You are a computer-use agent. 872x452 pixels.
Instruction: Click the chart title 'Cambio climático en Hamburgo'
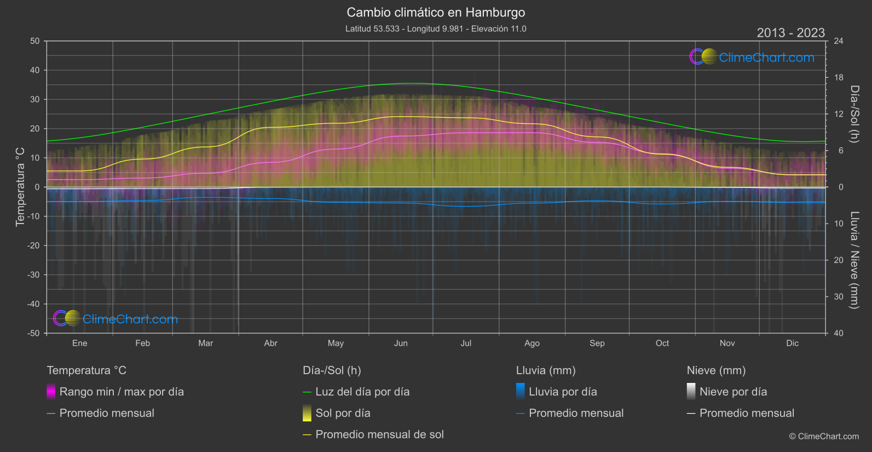pyautogui.click(x=436, y=13)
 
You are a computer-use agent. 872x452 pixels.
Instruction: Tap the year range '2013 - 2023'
pyautogui.click(x=790, y=33)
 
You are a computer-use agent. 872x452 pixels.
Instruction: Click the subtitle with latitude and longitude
pyautogui.click(x=436, y=28)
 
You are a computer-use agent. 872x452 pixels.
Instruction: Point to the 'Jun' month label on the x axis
pyautogui.click(x=401, y=343)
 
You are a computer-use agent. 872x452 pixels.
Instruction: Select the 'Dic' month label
pyautogui.click(x=792, y=343)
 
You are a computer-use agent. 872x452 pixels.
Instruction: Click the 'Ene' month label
pyautogui.click(x=80, y=343)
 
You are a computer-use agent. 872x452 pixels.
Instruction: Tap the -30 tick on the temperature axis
pyautogui.click(x=34, y=275)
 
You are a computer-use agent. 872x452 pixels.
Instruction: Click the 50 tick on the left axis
pyautogui.click(x=35, y=41)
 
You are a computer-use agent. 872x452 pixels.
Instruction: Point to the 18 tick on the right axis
pyautogui.click(x=838, y=78)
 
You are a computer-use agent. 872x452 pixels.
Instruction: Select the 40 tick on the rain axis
pyautogui.click(x=838, y=333)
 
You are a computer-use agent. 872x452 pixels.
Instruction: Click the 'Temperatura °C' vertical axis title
pyautogui.click(x=20, y=186)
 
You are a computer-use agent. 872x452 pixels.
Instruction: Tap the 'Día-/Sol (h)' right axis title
pyautogui.click(x=854, y=114)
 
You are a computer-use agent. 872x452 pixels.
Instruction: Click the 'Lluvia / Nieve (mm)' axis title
pyautogui.click(x=854, y=260)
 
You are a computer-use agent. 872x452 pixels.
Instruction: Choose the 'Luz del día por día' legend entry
pyautogui.click(x=362, y=392)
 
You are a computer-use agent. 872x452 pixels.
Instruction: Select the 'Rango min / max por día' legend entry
pyautogui.click(x=121, y=392)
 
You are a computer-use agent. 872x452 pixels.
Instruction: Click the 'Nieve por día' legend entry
pyautogui.click(x=733, y=392)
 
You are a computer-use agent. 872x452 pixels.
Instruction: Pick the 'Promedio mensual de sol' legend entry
pyautogui.click(x=379, y=434)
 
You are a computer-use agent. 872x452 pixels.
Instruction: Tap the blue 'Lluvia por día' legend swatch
pyautogui.click(x=520, y=391)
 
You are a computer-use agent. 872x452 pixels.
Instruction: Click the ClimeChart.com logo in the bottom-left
pyautogui.click(x=116, y=319)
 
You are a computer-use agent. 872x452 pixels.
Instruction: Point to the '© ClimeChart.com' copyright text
pyautogui.click(x=824, y=436)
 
